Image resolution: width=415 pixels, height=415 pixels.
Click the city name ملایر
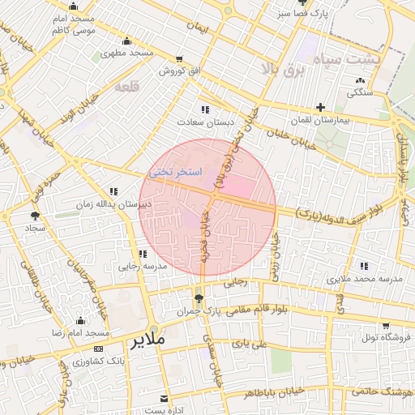147,339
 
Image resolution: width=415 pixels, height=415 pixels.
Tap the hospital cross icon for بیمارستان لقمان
321,107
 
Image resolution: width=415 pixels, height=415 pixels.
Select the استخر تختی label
172,173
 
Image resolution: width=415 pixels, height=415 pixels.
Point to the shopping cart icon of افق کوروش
179,59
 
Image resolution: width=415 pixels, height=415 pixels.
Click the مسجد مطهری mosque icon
126,41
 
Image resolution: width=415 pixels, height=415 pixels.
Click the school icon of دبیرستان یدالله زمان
113,192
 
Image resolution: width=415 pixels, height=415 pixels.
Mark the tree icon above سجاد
34,216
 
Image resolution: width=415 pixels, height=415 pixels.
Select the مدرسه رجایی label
143,265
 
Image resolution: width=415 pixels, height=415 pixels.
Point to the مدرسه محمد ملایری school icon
364,266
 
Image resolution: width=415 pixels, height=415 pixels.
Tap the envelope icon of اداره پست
164,399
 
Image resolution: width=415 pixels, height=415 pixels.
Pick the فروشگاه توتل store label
386,336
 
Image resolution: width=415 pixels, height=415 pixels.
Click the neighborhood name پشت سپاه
374,61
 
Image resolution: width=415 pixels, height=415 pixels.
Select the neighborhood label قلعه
127,86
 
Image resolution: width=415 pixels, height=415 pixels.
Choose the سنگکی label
360,92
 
